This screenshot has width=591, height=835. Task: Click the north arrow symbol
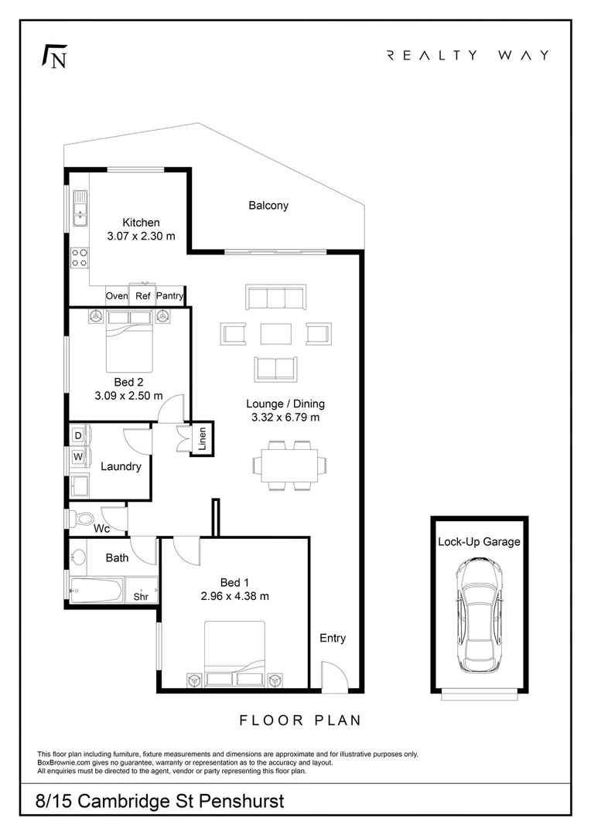tap(53, 57)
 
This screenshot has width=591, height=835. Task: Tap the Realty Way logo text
tap(467, 55)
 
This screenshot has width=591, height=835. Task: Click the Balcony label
tap(268, 206)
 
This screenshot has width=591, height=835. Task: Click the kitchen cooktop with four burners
tap(79, 257)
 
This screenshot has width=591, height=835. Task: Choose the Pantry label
tap(170, 296)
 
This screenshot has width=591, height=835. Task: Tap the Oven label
tap(117, 296)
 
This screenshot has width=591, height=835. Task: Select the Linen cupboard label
tap(202, 438)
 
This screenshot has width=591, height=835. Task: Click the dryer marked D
tap(78, 436)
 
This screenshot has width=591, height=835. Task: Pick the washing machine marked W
tap(78, 457)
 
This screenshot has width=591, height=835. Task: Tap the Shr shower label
tap(141, 596)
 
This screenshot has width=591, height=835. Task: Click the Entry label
tap(333, 639)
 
